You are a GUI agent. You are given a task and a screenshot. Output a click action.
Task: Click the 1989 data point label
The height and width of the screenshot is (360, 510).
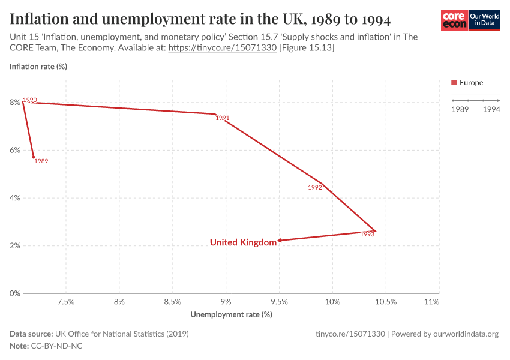[41, 161]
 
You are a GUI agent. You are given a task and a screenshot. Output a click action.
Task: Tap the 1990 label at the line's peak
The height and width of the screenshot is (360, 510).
[30, 100]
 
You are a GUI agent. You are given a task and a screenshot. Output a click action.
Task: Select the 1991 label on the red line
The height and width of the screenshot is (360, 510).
[223, 118]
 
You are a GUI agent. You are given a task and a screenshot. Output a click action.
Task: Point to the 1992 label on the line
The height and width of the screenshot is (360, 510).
[315, 187]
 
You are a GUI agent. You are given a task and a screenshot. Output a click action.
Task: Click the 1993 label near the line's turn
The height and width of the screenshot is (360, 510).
[368, 235]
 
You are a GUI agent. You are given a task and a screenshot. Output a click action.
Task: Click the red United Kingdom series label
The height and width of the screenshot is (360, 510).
[243, 242]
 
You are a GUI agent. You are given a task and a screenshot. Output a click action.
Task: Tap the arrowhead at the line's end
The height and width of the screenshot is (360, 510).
[280, 241]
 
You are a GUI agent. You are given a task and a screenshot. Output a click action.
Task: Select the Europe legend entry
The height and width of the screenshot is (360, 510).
[467, 83]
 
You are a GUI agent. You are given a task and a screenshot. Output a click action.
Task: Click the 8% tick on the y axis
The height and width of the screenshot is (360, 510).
[14, 103]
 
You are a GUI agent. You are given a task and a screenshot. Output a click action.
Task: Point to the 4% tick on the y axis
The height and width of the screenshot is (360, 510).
[14, 198]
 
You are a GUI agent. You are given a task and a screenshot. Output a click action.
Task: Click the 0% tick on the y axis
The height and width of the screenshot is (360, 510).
[14, 293]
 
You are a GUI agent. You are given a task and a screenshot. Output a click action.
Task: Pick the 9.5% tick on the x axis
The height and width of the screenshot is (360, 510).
[279, 302]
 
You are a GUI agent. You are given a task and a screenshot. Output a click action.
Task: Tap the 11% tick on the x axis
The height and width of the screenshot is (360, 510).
[431, 302]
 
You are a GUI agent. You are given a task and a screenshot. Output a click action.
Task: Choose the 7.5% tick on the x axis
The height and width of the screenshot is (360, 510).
[65, 302]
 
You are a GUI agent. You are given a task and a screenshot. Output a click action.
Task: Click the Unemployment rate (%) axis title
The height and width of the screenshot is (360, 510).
[231, 314]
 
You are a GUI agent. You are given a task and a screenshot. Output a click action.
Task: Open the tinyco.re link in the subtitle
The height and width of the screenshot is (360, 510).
[222, 47]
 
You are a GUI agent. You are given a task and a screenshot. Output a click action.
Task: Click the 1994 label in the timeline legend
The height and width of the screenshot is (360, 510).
[491, 109]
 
